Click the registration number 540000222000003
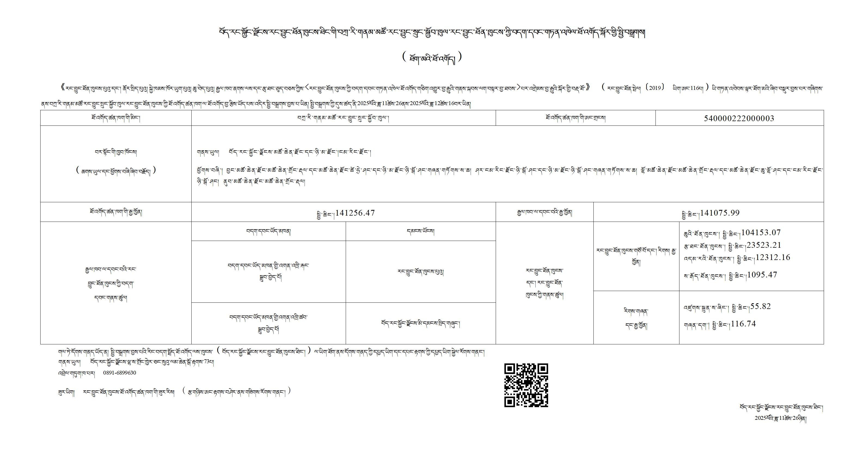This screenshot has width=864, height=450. point(739,118)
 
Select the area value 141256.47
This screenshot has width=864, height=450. point(355,213)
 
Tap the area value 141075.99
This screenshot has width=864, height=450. point(720,213)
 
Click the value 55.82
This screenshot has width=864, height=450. point(761,307)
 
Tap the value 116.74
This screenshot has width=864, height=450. point(743,324)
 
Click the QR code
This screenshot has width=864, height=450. point(526,385)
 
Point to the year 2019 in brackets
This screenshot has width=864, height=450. point(654,88)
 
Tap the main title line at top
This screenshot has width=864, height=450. point(432,33)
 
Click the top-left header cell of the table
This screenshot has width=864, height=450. point(116,118)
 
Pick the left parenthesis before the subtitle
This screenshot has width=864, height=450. point(405,57)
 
